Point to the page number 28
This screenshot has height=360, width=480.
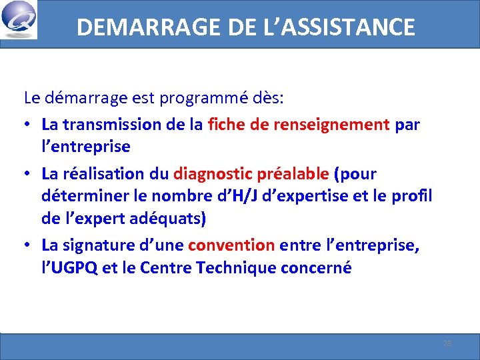click(x=447, y=343)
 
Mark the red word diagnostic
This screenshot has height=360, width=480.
click(x=211, y=174)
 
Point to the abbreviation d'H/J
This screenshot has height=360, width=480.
click(x=215, y=196)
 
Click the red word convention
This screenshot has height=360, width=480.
click(x=231, y=245)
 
